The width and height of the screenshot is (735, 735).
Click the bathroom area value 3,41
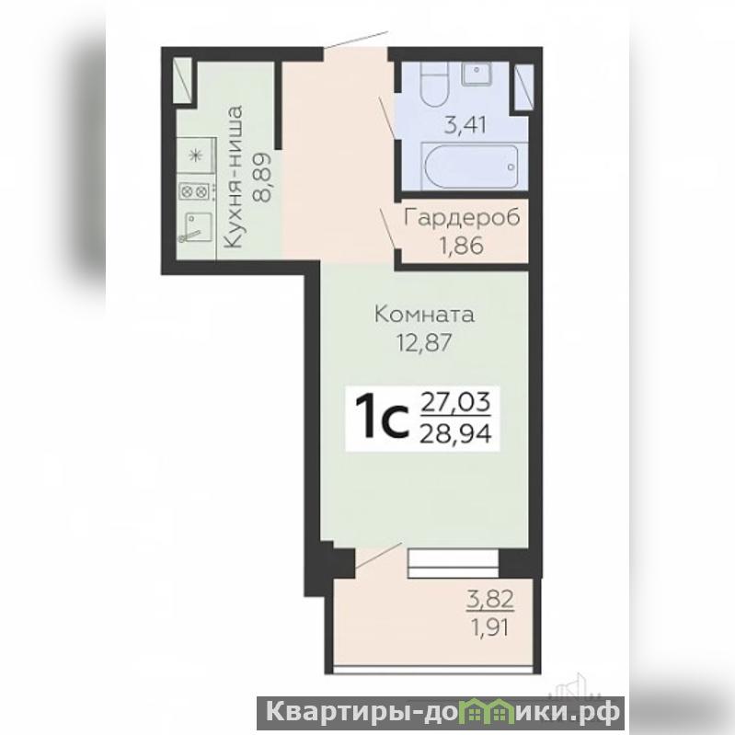click(465, 126)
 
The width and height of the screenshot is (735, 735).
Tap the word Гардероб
click(462, 218)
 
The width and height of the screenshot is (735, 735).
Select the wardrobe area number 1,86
click(461, 246)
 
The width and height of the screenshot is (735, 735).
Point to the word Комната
click(425, 315)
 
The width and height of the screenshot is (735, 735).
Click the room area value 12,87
click(425, 342)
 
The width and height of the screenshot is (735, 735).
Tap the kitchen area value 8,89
click(262, 177)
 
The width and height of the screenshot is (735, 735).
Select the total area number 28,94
click(455, 434)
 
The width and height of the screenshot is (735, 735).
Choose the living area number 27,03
click(455, 402)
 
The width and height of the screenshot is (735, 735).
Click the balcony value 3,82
click(490, 600)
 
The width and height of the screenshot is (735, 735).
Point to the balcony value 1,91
click(490, 627)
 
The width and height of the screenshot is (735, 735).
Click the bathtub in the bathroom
click(470, 167)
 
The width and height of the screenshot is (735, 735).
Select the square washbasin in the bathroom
click(477, 73)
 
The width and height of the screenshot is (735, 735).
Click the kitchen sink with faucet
click(196, 227)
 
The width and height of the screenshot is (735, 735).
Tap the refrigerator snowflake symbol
click(195, 155)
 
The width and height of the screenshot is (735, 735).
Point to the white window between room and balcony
click(453, 563)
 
